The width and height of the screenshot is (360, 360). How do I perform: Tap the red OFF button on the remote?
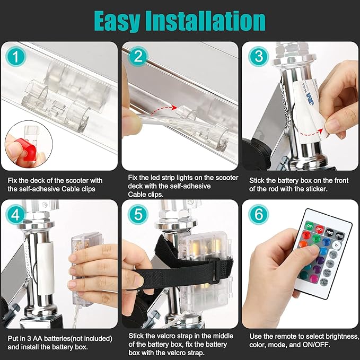point(319,229)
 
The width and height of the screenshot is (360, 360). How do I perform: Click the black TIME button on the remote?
point(330,232)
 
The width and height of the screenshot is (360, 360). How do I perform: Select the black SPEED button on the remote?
point(339,235)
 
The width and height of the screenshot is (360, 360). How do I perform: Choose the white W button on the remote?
point(336,245)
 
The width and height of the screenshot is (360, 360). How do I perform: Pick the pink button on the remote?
point(314,279)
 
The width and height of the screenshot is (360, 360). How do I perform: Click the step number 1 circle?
point(15,57)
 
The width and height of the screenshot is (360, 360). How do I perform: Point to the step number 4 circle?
point(15,214)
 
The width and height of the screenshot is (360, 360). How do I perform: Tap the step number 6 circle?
point(259,214)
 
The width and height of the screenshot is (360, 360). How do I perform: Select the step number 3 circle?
point(259,57)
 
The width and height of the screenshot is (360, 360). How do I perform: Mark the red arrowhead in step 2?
point(174,107)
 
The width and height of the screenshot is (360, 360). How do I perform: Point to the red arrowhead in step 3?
point(321,131)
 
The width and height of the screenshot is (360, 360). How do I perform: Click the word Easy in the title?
point(117,21)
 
